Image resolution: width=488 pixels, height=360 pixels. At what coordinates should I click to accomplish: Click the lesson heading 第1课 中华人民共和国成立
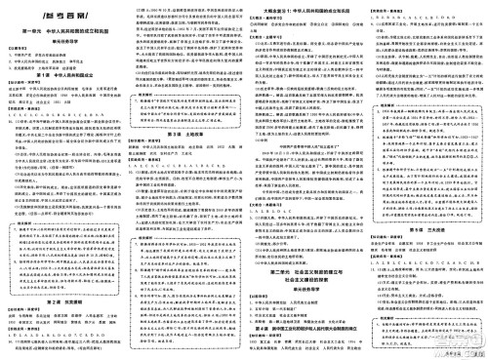[x=62, y=74]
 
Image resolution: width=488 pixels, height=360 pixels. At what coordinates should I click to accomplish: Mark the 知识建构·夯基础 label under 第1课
[x=20, y=84]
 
